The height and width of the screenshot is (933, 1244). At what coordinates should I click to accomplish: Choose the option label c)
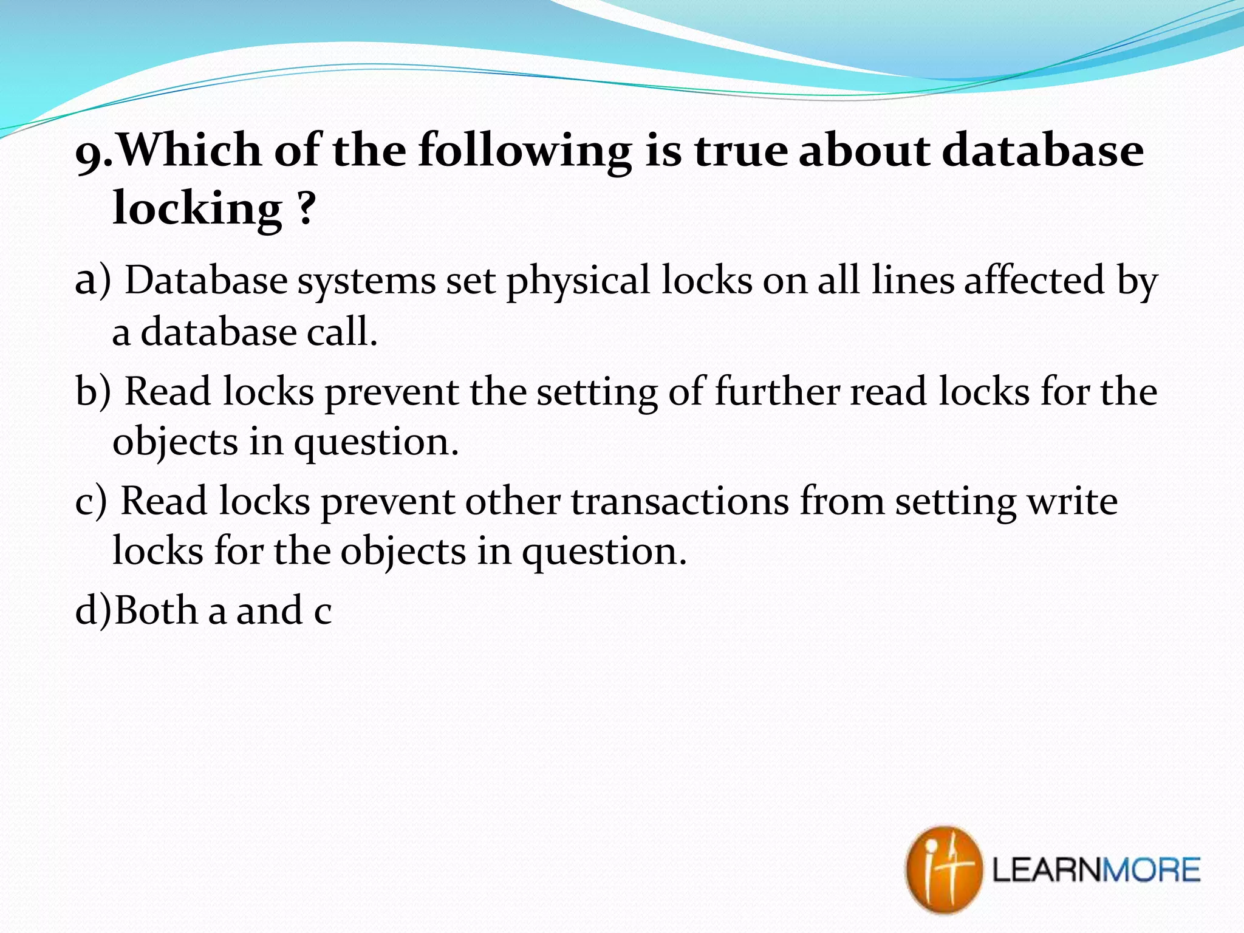[x=91, y=502]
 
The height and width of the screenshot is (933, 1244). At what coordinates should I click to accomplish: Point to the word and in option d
[x=269, y=610]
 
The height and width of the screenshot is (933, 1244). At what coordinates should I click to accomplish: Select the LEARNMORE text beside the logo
[x=1096, y=870]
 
